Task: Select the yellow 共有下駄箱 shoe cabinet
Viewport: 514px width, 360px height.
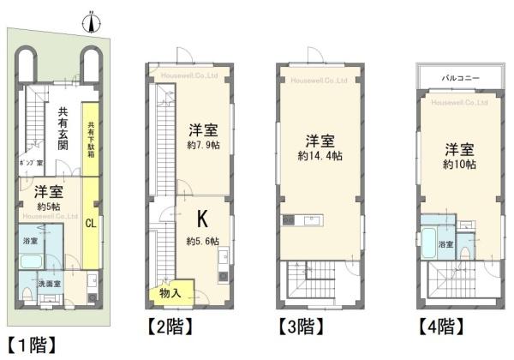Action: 90,141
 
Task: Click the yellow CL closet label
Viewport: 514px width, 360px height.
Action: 90,224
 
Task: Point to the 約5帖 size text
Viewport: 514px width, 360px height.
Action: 48,206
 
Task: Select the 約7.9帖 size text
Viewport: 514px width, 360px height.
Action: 203,147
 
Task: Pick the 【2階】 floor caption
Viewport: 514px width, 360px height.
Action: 169,327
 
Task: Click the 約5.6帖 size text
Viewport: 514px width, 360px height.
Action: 203,240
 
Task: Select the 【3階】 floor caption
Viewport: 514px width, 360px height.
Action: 300,327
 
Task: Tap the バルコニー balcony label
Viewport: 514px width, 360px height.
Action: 460,77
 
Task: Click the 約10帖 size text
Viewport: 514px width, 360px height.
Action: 460,162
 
